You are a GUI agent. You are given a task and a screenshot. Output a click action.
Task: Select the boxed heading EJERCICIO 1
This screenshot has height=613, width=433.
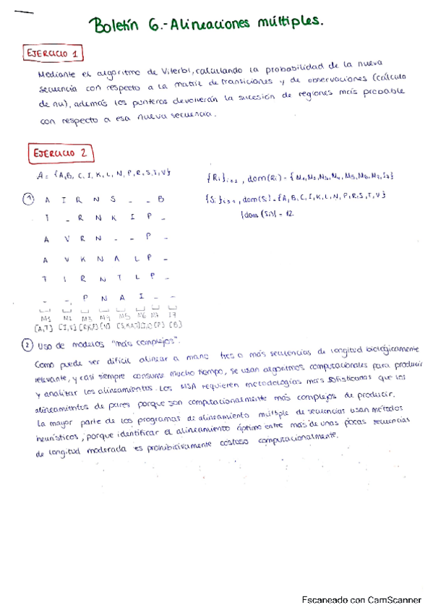(x=54, y=53)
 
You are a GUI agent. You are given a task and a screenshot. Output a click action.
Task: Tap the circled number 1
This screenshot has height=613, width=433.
(x=27, y=200)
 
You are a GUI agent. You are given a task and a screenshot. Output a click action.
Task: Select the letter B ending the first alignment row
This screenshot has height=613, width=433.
(x=161, y=200)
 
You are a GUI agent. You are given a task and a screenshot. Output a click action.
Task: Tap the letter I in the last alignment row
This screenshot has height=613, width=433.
(x=141, y=296)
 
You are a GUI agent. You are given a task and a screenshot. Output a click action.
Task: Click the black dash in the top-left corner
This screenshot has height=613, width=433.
(x=23, y=12)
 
